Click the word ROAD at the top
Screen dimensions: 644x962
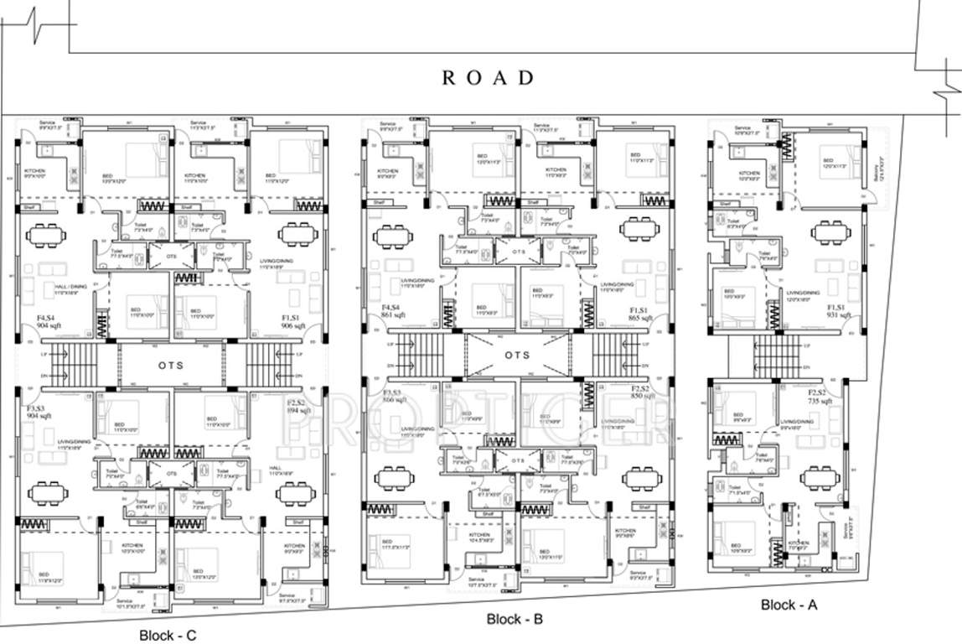pyautogui.click(x=488, y=78)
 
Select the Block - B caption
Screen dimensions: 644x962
pyautogui.click(x=515, y=620)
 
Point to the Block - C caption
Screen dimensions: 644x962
pyautogui.click(x=168, y=636)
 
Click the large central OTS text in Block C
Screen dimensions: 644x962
pyautogui.click(x=173, y=366)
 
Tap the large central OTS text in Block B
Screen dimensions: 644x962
pyautogui.click(x=517, y=355)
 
